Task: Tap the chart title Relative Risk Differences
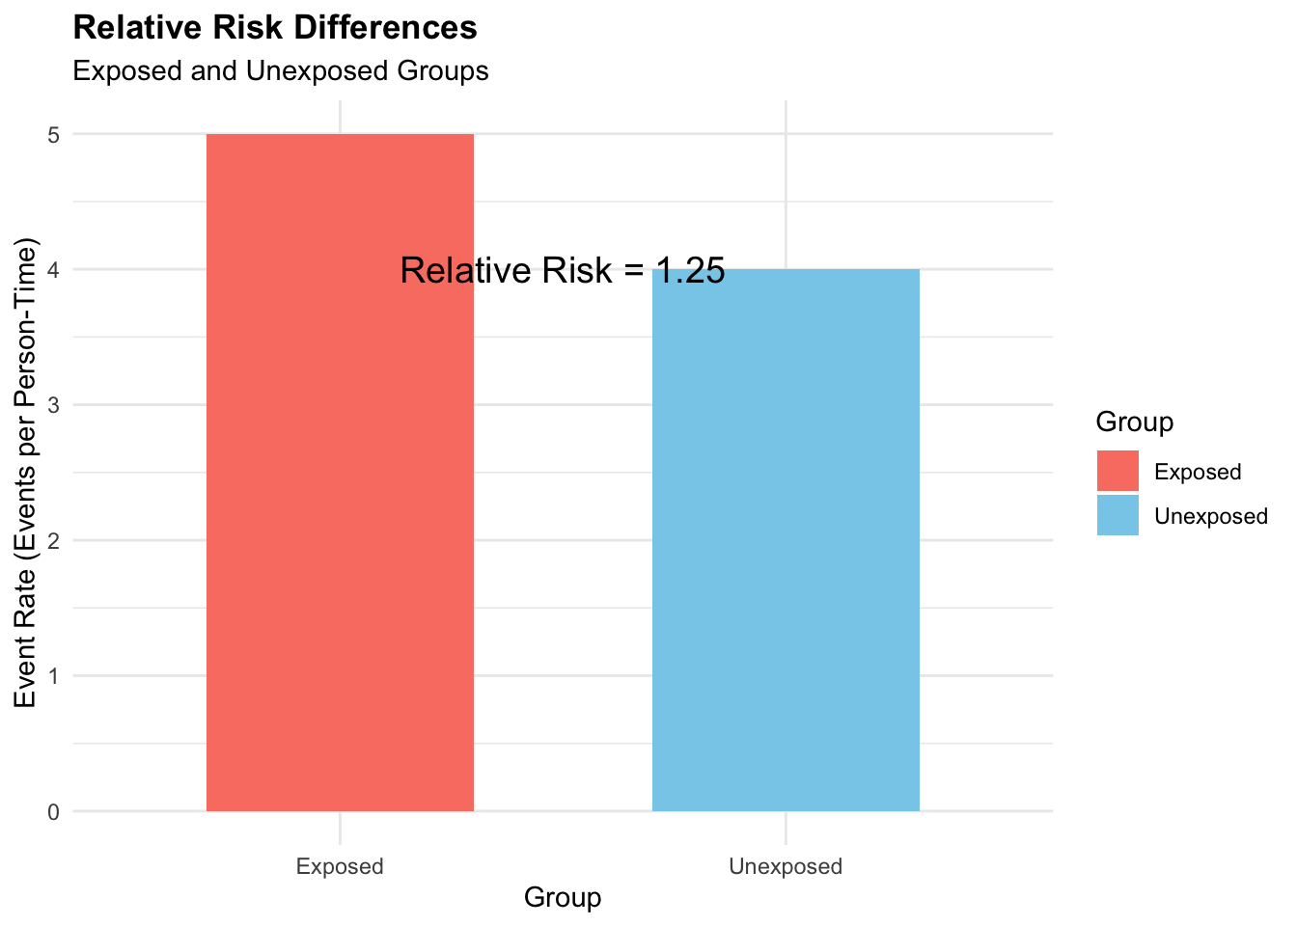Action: point(275,28)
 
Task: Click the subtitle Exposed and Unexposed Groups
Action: point(281,71)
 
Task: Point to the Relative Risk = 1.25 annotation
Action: point(563,271)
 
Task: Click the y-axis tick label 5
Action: point(53,135)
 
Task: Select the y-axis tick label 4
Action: point(53,270)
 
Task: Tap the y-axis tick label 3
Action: point(53,405)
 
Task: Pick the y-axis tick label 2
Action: point(53,541)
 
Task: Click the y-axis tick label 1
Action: point(53,676)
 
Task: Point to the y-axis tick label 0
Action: point(53,812)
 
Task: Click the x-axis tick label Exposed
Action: point(340,866)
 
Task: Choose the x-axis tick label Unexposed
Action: point(786,866)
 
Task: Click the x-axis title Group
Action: point(563,898)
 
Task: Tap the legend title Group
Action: point(1135,422)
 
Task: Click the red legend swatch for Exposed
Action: point(1118,472)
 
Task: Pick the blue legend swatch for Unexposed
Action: point(1118,516)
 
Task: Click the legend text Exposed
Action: point(1198,473)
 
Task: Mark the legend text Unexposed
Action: point(1211,517)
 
